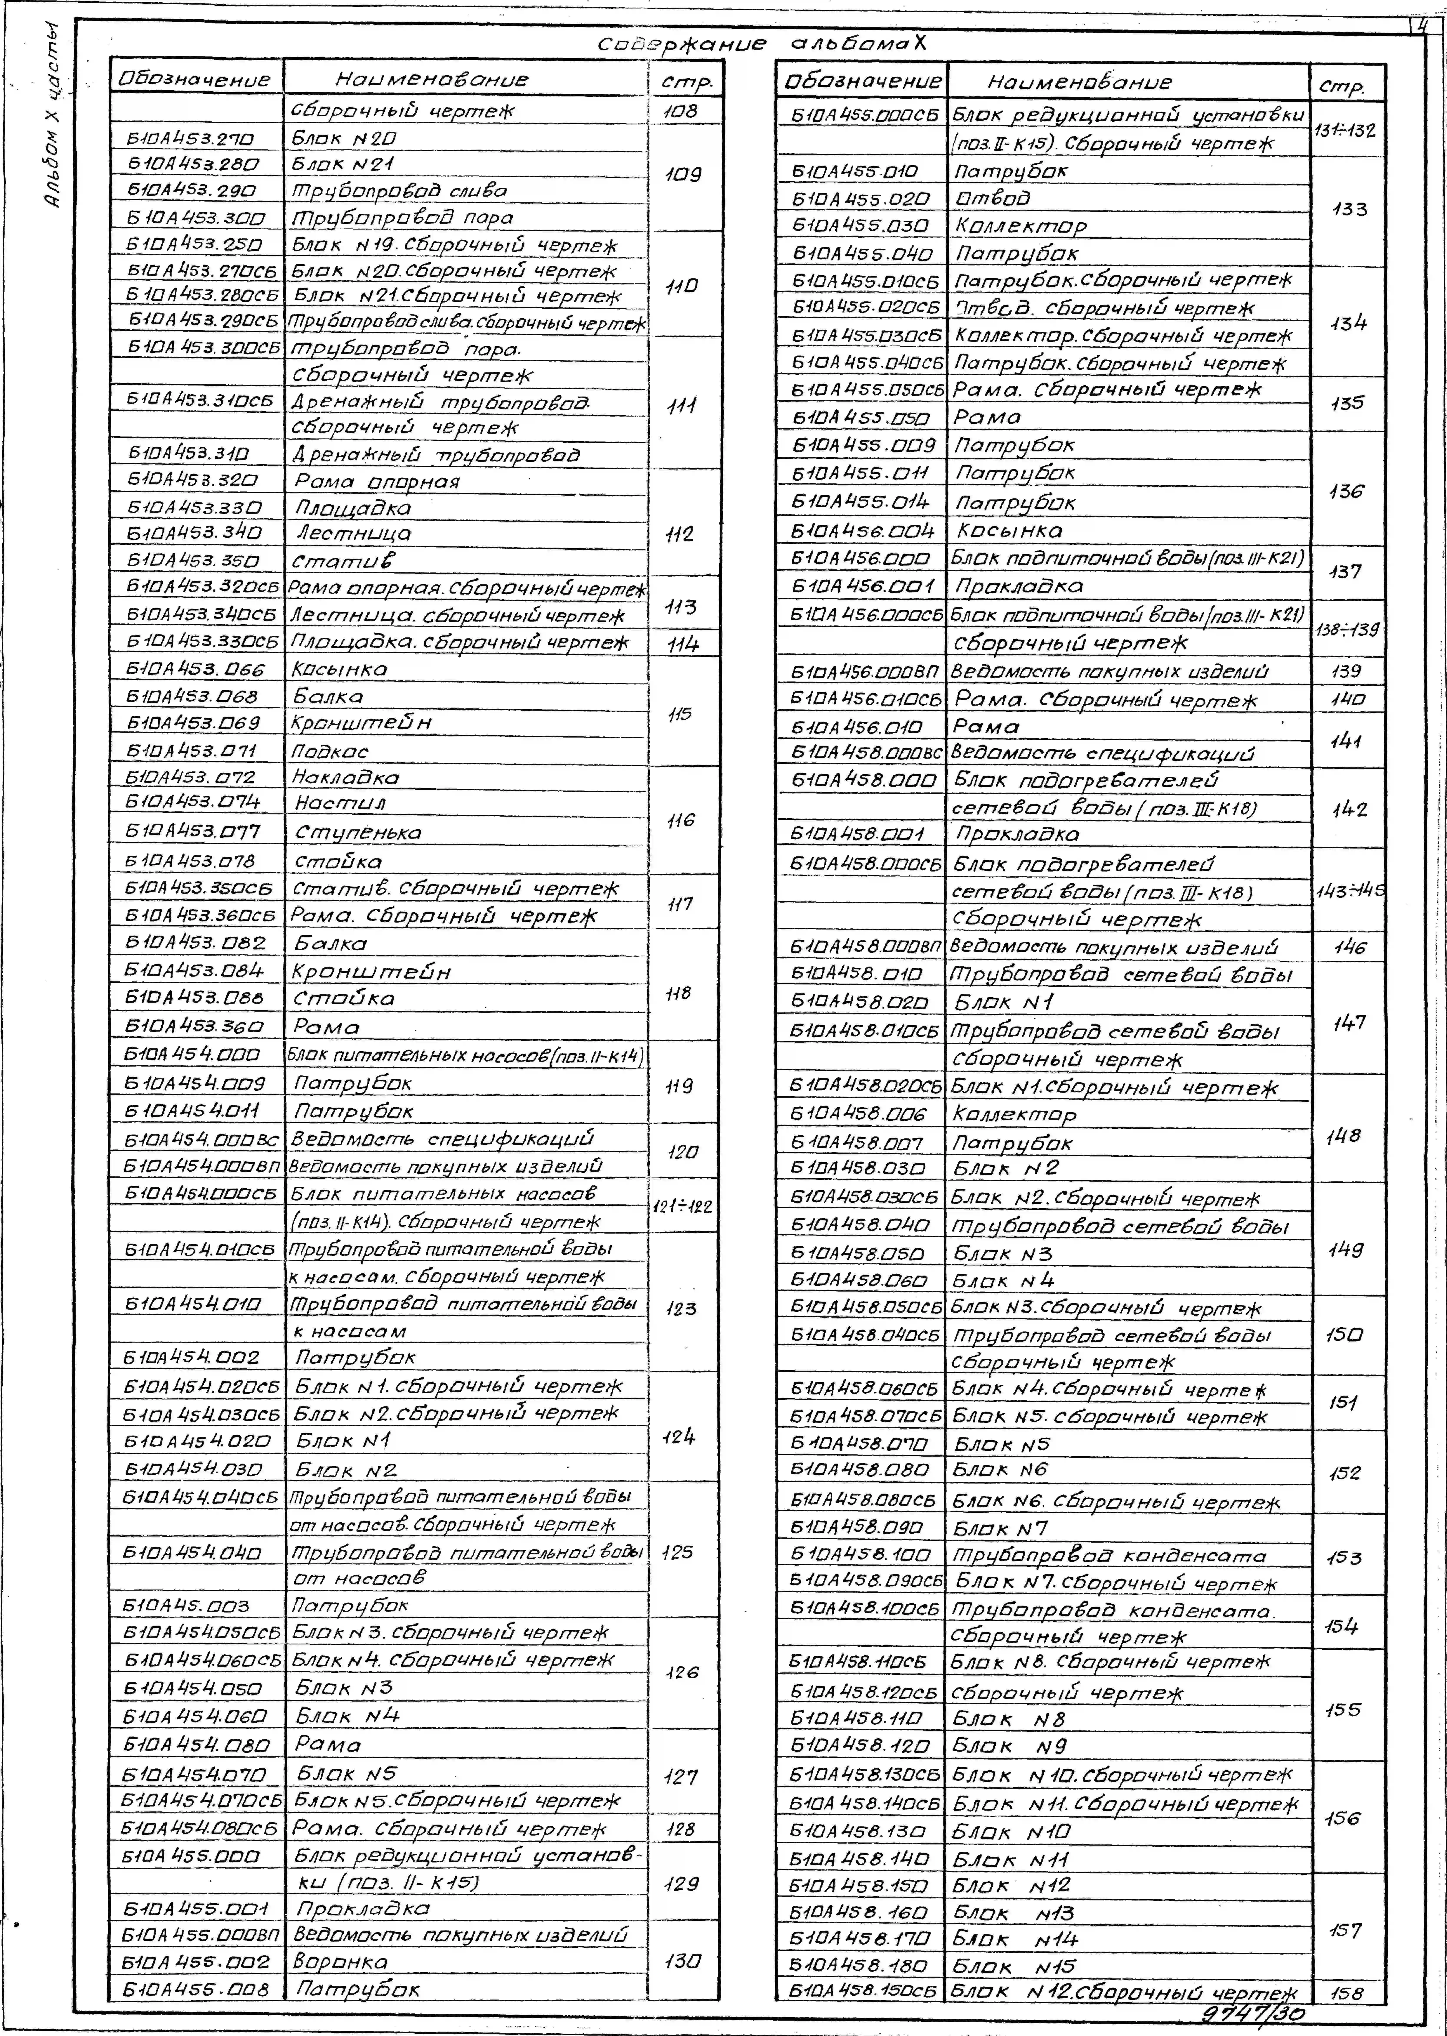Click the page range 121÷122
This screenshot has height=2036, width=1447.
pyautogui.click(x=681, y=1207)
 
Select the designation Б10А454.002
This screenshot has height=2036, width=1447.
pyautogui.click(x=192, y=1357)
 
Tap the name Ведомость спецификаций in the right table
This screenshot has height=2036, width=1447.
pyautogui.click(x=1103, y=753)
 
